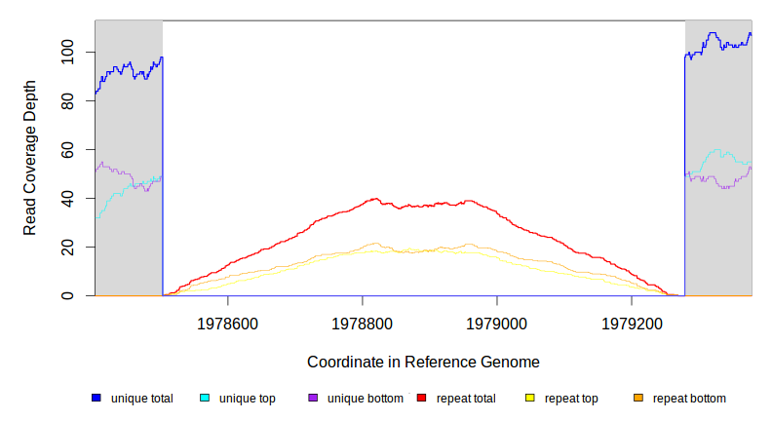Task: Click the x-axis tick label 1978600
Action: pyautogui.click(x=228, y=323)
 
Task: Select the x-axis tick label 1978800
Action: pyautogui.click(x=363, y=323)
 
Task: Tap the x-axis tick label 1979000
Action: pyautogui.click(x=497, y=323)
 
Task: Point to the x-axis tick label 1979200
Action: pyautogui.click(x=632, y=323)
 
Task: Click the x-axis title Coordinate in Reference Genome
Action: pyautogui.click(x=423, y=362)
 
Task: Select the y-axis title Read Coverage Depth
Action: pyautogui.click(x=30, y=158)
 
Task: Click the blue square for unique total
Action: pyautogui.click(x=96, y=399)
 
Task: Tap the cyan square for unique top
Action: pyautogui.click(x=205, y=399)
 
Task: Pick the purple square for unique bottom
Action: pyautogui.click(x=313, y=399)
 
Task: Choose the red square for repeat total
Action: pyautogui.click(x=421, y=399)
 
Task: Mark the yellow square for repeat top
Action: pyautogui.click(x=530, y=399)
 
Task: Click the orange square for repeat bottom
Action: pyautogui.click(x=638, y=399)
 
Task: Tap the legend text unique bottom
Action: pyautogui.click(x=365, y=399)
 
